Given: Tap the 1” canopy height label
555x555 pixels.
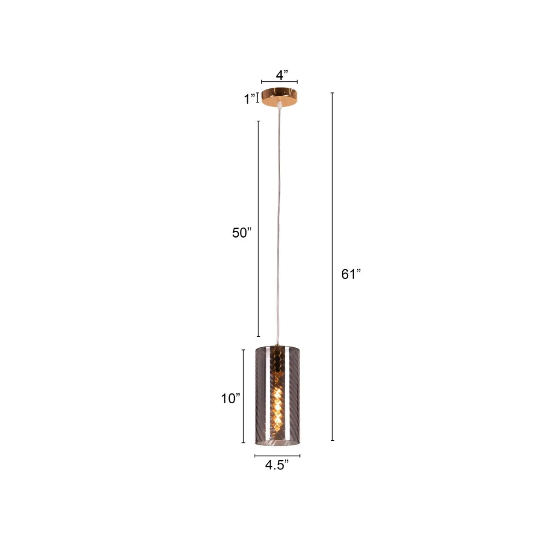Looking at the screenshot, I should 250,99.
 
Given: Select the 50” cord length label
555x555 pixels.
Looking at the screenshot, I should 241,233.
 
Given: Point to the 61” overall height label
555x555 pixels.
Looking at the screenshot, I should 351,274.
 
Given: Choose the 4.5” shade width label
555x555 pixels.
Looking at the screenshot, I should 277,465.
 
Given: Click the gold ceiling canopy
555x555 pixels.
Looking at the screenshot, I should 279,96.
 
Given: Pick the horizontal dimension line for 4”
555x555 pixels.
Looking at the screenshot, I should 279,82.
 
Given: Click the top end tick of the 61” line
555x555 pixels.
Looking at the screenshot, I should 332,93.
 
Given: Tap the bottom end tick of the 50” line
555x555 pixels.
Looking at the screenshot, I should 258,336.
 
